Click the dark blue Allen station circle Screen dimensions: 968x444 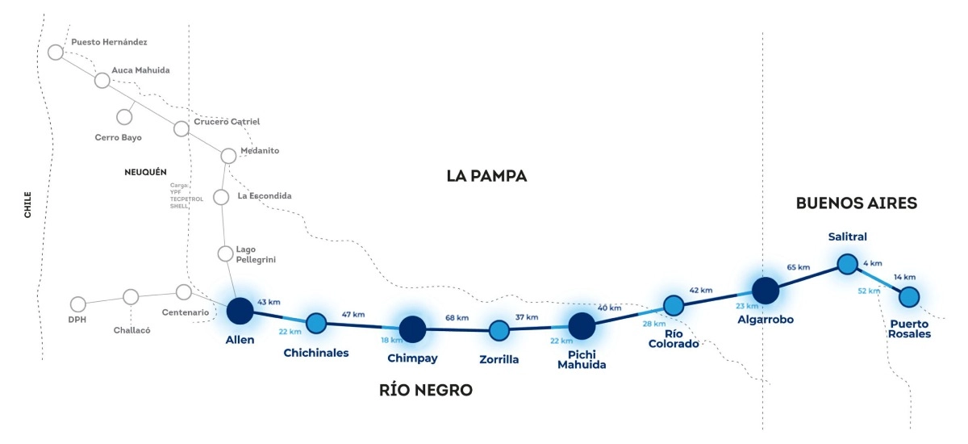[x=240, y=311]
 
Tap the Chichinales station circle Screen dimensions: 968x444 [x=316, y=324]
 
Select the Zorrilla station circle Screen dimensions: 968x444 [x=499, y=331]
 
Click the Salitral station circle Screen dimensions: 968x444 [x=848, y=264]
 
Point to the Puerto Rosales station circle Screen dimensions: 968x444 [x=909, y=297]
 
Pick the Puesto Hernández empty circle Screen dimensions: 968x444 [x=56, y=52]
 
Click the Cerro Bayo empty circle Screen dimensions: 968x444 [x=124, y=117]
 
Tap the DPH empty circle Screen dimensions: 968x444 [x=77, y=304]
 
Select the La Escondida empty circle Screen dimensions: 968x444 [x=221, y=197]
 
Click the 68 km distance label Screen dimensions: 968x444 [x=457, y=318]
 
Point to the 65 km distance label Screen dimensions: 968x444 [x=798, y=267]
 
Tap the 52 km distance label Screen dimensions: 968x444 [x=869, y=291]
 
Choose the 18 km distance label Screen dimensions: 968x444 [x=391, y=340]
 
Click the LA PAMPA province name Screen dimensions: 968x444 [x=486, y=177]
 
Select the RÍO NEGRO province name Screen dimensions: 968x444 [x=426, y=390]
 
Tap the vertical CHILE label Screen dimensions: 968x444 [x=27, y=205]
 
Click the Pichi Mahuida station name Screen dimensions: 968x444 [x=582, y=360]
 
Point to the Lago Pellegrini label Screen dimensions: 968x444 [x=256, y=254]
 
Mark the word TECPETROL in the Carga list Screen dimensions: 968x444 [x=186, y=199]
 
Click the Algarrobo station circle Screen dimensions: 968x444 [x=766, y=291]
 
